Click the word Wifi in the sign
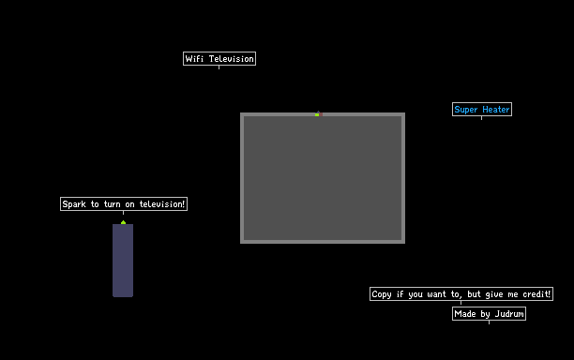(x=194, y=58)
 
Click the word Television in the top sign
(x=232, y=58)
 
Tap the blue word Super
(x=466, y=110)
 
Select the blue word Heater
(x=496, y=110)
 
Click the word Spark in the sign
(x=74, y=204)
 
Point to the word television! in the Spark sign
(x=162, y=204)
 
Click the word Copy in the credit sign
(x=382, y=294)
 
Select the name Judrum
(x=509, y=314)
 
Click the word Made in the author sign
(x=465, y=314)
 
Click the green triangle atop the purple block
(x=124, y=222)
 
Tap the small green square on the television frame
(x=317, y=115)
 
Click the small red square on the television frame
(x=321, y=114)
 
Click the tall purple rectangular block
(x=123, y=261)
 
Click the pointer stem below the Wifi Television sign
(x=219, y=67)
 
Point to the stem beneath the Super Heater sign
(x=481, y=118)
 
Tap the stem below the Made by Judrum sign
(x=489, y=322)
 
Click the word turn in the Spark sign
(x=112, y=204)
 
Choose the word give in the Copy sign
(x=494, y=294)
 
